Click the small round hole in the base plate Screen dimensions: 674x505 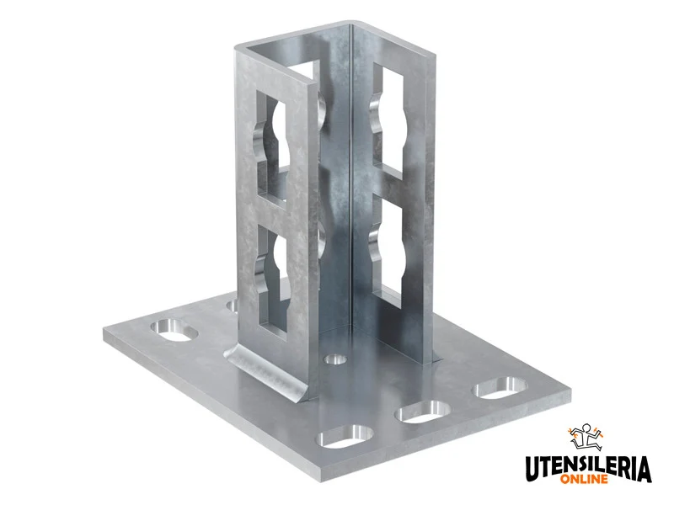tap(335, 359)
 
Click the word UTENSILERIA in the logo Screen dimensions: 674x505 tap(588, 469)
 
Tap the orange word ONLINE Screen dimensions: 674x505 tap(584, 478)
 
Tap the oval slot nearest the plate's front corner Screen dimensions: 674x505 tap(345, 436)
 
